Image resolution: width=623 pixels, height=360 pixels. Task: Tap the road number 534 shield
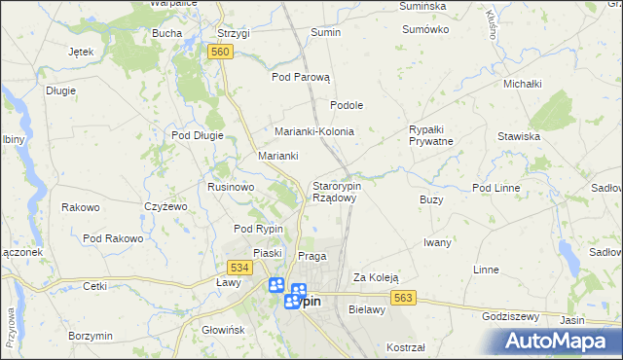tap(238, 267)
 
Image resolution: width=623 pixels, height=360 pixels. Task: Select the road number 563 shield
tap(406, 298)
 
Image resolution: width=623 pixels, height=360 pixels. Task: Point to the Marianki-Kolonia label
tap(313, 131)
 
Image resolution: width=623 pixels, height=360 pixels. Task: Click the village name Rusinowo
tap(231, 186)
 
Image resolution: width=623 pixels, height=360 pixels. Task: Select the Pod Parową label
tap(302, 77)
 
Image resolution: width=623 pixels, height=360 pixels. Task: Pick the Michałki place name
tap(522, 85)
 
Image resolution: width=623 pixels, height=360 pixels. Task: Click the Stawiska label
tap(519, 136)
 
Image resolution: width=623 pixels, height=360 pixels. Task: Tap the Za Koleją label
tap(376, 276)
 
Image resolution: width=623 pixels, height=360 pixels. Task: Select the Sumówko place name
tap(425, 29)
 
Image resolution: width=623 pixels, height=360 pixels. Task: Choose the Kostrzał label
tap(406, 347)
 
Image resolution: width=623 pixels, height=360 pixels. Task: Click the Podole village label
tap(347, 105)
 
